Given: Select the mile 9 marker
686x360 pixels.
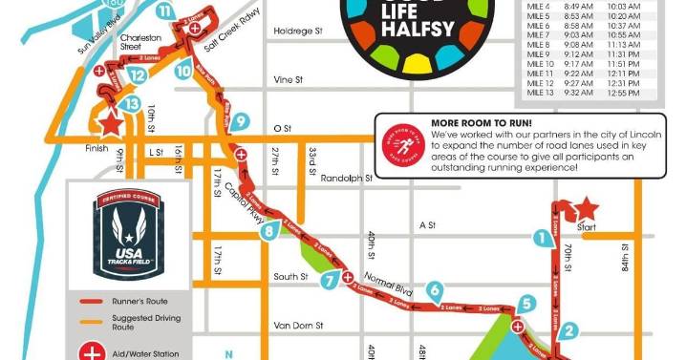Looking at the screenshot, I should click(240, 121).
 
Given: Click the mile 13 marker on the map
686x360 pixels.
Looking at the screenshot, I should click(132, 103).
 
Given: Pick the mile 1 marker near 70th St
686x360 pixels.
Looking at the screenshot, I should click(543, 237).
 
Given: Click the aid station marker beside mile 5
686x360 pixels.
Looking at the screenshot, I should click(517, 327).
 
